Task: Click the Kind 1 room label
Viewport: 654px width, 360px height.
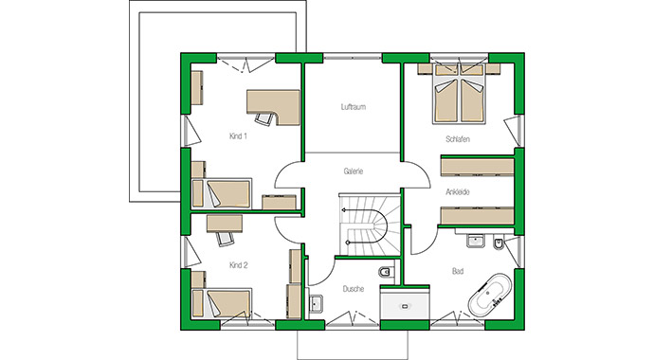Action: pos(238,136)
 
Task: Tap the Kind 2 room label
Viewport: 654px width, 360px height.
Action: pos(238,266)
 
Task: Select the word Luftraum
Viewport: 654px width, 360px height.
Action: pos(354,107)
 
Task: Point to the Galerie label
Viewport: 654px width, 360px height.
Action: pos(354,171)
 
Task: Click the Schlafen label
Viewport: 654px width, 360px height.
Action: pos(458,139)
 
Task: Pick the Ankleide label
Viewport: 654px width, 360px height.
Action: pos(458,191)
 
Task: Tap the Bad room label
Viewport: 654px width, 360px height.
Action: pos(458,272)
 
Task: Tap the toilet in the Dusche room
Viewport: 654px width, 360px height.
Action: pos(383,275)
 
